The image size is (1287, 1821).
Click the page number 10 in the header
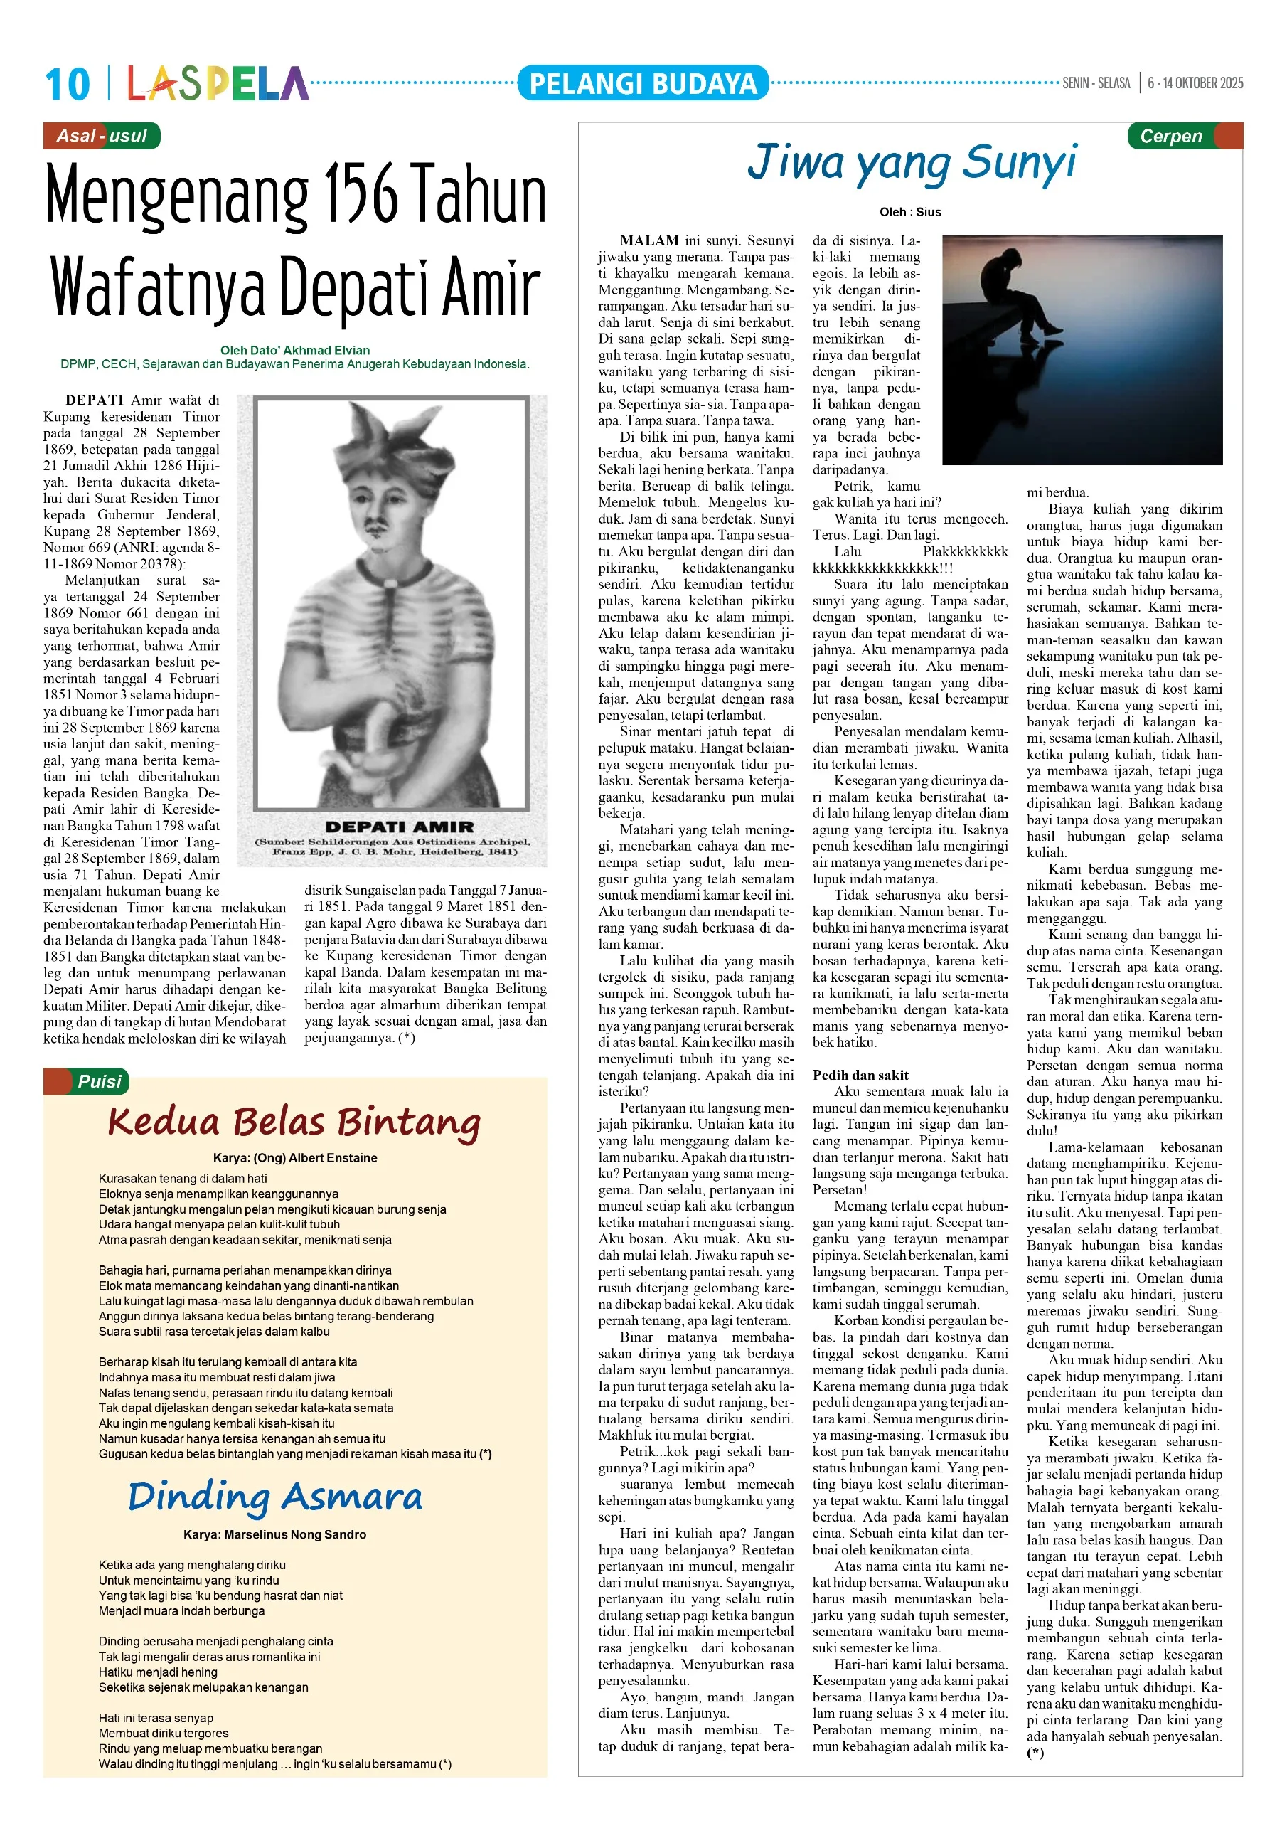point(68,84)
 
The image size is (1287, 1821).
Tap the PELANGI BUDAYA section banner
point(642,83)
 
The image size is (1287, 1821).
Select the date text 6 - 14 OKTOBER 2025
point(1195,83)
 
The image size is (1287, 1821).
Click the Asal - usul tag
point(102,136)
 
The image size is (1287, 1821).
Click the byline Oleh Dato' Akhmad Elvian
point(294,350)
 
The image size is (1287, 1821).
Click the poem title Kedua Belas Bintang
point(294,1123)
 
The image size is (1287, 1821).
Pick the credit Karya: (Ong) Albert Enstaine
point(294,1158)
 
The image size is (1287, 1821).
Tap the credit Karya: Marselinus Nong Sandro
point(274,1534)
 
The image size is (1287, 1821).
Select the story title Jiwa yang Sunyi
point(912,163)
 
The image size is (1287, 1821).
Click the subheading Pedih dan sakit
point(860,1075)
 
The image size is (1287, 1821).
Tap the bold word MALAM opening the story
point(648,240)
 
